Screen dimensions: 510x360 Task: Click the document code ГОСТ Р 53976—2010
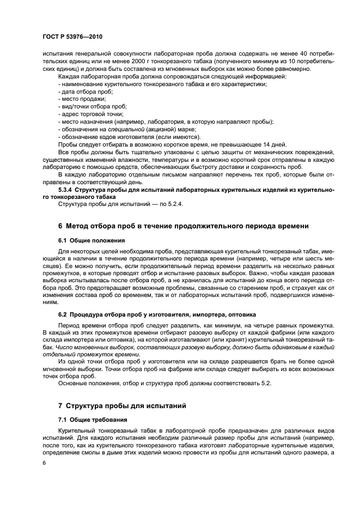tap(72, 37)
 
